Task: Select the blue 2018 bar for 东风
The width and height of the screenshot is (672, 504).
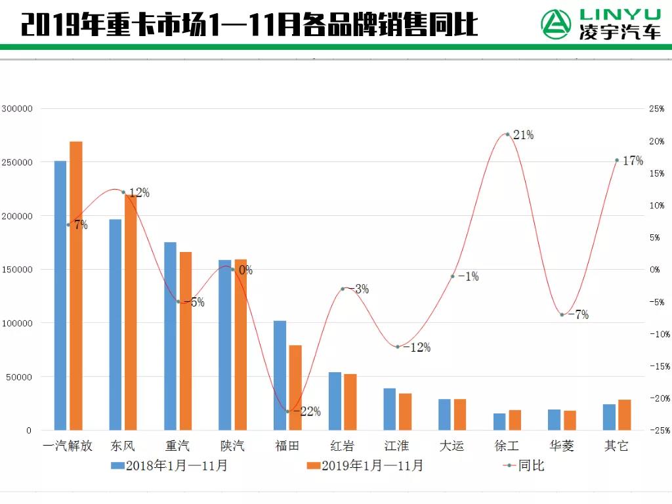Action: (115, 324)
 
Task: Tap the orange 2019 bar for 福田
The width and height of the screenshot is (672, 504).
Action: (295, 387)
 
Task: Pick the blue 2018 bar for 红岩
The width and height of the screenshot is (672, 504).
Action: (335, 401)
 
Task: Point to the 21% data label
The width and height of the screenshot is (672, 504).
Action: (523, 135)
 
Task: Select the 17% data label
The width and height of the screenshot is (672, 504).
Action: (633, 161)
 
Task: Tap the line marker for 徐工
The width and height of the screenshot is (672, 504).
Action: (507, 135)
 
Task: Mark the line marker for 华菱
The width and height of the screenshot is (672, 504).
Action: (562, 314)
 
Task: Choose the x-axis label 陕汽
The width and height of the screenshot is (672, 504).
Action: (232, 446)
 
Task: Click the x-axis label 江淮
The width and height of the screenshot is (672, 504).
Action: (396, 446)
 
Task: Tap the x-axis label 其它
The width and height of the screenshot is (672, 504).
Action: (616, 446)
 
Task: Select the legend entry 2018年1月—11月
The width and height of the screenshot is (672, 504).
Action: (169, 466)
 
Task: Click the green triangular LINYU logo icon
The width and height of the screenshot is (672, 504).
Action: (556, 24)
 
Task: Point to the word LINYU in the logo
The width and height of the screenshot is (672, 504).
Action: (620, 14)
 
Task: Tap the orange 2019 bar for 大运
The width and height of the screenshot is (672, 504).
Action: (460, 414)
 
